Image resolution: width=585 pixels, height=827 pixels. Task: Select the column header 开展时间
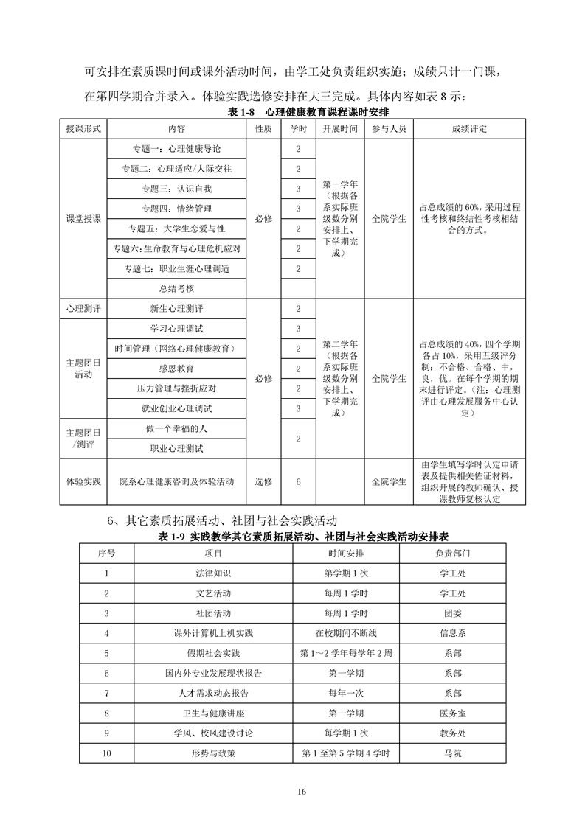click(x=340, y=128)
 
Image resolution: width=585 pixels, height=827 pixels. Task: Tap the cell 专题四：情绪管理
click(x=177, y=209)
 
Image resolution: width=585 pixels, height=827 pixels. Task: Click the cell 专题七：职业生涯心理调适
click(x=177, y=268)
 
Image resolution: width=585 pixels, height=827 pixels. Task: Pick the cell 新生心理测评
click(x=177, y=308)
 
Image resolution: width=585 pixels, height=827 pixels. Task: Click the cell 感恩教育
click(x=177, y=368)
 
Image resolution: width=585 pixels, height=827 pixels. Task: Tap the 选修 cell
click(x=263, y=481)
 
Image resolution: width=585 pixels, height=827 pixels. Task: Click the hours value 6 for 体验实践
click(x=297, y=481)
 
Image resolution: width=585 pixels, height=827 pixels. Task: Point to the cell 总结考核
click(x=177, y=288)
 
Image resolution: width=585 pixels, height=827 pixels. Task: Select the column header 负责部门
click(x=453, y=552)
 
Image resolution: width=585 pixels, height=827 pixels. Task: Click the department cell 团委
click(x=453, y=613)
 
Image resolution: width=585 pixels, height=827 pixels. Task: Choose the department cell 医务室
click(x=453, y=713)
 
